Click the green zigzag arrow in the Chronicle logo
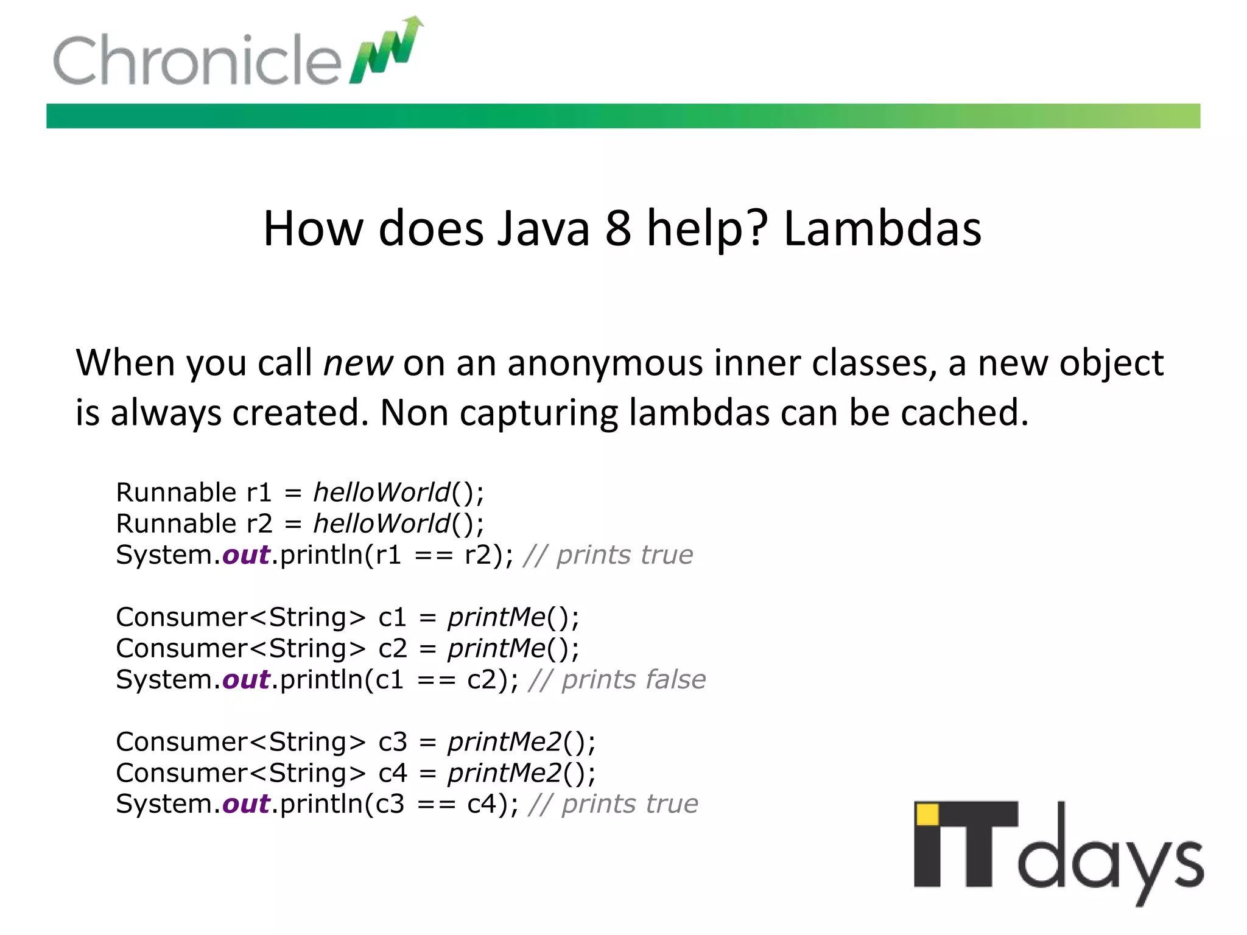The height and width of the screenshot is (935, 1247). point(387,52)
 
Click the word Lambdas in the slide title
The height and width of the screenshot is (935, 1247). point(882,228)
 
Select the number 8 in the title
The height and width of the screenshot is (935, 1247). point(617,228)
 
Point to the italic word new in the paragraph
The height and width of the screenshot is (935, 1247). point(357,363)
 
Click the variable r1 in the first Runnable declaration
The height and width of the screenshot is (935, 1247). point(259,492)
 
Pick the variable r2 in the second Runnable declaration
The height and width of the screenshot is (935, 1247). point(259,524)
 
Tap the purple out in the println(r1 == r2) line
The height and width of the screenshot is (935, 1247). point(246,555)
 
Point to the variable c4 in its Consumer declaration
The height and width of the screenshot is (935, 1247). point(393,773)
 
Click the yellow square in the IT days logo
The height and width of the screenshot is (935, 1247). point(927,814)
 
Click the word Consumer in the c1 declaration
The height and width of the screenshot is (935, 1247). point(181,617)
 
